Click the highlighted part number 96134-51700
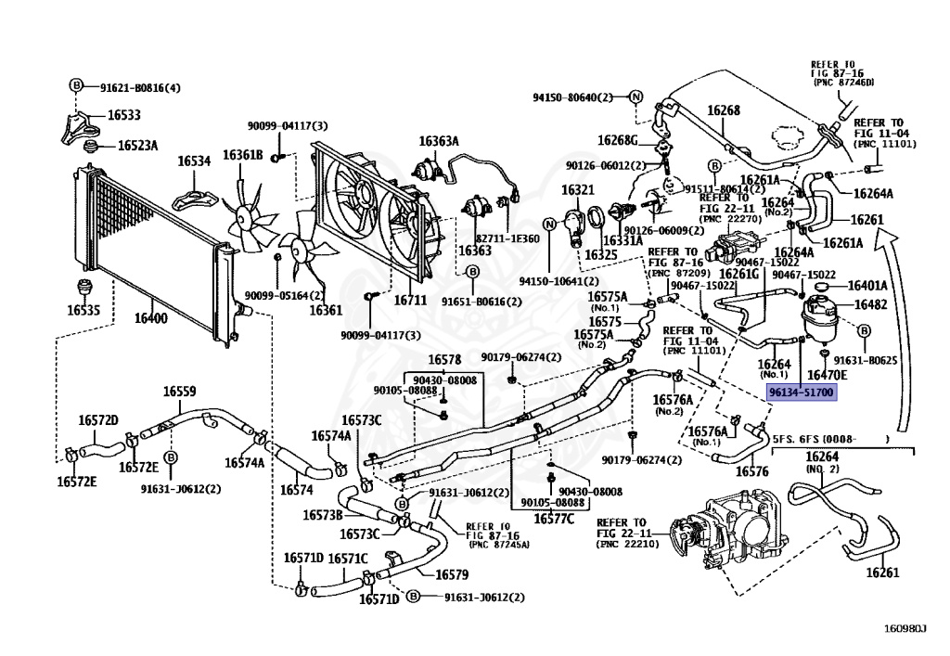pos(802,392)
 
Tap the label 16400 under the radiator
pos(151,318)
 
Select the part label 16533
pos(124,115)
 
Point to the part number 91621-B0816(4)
pos(141,88)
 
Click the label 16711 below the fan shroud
pos(410,300)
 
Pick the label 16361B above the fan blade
pos(242,155)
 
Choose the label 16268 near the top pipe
pos(724,110)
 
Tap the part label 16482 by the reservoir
pos(870,304)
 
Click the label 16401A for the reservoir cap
pos(867,286)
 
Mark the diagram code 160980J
pos(905,629)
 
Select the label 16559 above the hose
pos(179,392)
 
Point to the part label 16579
pos(452,574)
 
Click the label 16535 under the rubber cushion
pos(83,310)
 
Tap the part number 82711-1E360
pos(507,238)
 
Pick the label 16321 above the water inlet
pos(577,190)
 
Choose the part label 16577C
pos(554,519)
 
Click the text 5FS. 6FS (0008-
pos(815,439)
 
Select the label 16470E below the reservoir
pos(828,376)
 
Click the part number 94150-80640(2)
pos(573,97)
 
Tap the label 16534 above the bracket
pos(194,161)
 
